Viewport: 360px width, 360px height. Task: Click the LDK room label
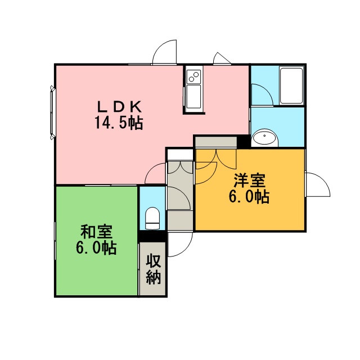pyautogui.click(x=119, y=106)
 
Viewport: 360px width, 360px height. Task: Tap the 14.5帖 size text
pyautogui.click(x=119, y=123)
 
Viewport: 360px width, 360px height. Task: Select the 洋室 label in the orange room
pyautogui.click(x=250, y=181)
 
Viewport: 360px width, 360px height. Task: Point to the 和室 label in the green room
pyautogui.click(x=96, y=232)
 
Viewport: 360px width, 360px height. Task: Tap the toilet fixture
pyautogui.click(x=152, y=218)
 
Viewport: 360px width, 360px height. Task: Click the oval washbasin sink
pyautogui.click(x=264, y=138)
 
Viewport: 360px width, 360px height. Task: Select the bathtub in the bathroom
pyautogui.click(x=291, y=85)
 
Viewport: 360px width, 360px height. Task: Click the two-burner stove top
pyautogui.click(x=193, y=76)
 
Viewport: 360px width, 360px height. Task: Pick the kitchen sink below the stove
pyautogui.click(x=193, y=96)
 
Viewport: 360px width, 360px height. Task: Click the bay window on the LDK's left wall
pyautogui.click(x=52, y=112)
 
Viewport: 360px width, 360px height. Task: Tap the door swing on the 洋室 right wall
pyautogui.click(x=318, y=184)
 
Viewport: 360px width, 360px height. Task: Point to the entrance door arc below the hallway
pyautogui.click(x=181, y=244)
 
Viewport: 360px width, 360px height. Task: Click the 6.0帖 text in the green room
pyautogui.click(x=96, y=247)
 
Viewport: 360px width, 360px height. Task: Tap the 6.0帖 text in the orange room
pyautogui.click(x=249, y=196)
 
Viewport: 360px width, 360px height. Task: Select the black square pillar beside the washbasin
pyautogui.click(x=244, y=141)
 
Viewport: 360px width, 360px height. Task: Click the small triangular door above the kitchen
pyautogui.click(x=222, y=58)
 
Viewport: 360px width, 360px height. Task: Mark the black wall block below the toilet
pyautogui.click(x=153, y=236)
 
